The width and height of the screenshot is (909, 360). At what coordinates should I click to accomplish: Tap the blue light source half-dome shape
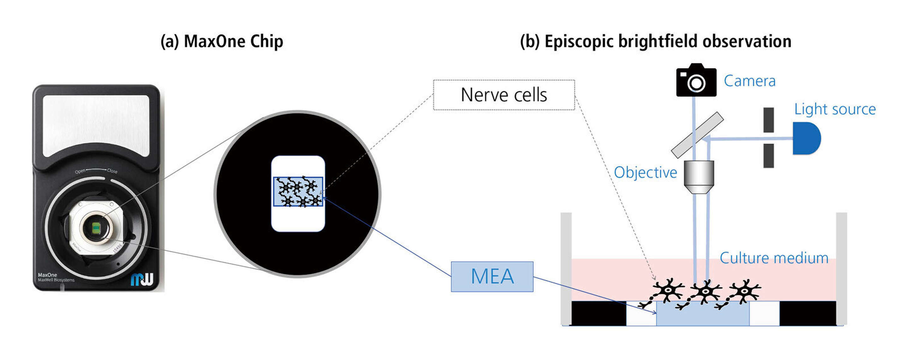805,138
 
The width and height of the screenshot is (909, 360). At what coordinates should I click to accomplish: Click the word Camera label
750,81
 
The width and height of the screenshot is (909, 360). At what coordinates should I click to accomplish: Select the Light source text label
835,109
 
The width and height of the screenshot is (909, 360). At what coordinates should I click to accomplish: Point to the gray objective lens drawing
699,177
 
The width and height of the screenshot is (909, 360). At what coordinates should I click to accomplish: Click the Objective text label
645,173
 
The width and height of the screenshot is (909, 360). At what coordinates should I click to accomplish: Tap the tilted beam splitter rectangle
697,135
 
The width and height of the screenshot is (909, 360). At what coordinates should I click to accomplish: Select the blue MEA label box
492,276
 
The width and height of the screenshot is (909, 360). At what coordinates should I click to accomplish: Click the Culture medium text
774,258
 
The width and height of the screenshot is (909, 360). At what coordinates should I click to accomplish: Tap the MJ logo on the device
142,279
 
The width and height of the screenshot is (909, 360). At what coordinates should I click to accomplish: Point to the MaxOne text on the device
47,275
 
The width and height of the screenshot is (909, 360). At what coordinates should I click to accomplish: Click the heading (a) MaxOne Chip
222,42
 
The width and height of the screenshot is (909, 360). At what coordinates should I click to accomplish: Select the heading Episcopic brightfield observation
656,42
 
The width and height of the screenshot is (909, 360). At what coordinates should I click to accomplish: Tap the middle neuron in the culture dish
705,291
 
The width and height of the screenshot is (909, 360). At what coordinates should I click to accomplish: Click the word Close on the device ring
112,171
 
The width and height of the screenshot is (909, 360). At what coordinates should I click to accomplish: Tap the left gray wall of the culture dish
566,268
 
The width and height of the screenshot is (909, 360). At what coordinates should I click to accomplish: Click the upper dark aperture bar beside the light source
769,120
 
